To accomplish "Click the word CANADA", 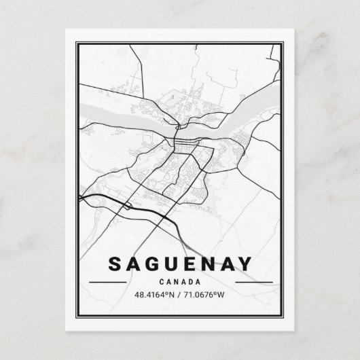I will click(180, 281).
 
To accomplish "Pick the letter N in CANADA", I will click(177, 281).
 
